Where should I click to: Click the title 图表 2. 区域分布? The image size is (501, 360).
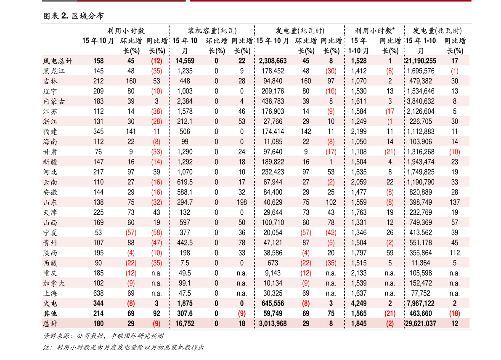pyautogui.click(x=73, y=16)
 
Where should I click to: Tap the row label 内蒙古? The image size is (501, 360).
pyautogui.click(x=54, y=101)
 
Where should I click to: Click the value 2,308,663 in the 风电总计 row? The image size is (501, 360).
pyautogui.click(x=273, y=61)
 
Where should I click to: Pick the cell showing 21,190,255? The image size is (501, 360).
pyautogui.click(x=421, y=61)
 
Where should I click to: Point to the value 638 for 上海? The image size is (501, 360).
pyautogui.click(x=98, y=293)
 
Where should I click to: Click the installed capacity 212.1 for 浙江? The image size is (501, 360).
pyautogui.click(x=185, y=122)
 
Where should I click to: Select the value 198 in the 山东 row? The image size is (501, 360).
pyautogui.click(x=242, y=203)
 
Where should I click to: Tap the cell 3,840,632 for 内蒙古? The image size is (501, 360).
pyautogui.click(x=421, y=101)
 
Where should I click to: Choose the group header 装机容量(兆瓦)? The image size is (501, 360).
pyautogui.click(x=212, y=31)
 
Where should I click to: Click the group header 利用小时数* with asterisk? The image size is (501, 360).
pyautogui.click(x=374, y=31)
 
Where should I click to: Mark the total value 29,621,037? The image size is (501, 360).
pyautogui.click(x=421, y=323)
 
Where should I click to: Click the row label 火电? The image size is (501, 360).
pyautogui.click(x=50, y=304)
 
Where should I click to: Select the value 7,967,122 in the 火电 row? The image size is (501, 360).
pyautogui.click(x=421, y=304)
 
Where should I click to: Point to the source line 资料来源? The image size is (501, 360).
pyautogui.click(x=103, y=336)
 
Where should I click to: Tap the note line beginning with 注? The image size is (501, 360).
pyautogui.click(x=123, y=347)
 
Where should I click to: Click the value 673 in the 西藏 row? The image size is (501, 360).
pyautogui.click(x=273, y=263)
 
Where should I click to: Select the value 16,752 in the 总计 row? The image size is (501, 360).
pyautogui.click(x=185, y=323)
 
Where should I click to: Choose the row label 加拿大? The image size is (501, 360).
pyautogui.click(x=54, y=283)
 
